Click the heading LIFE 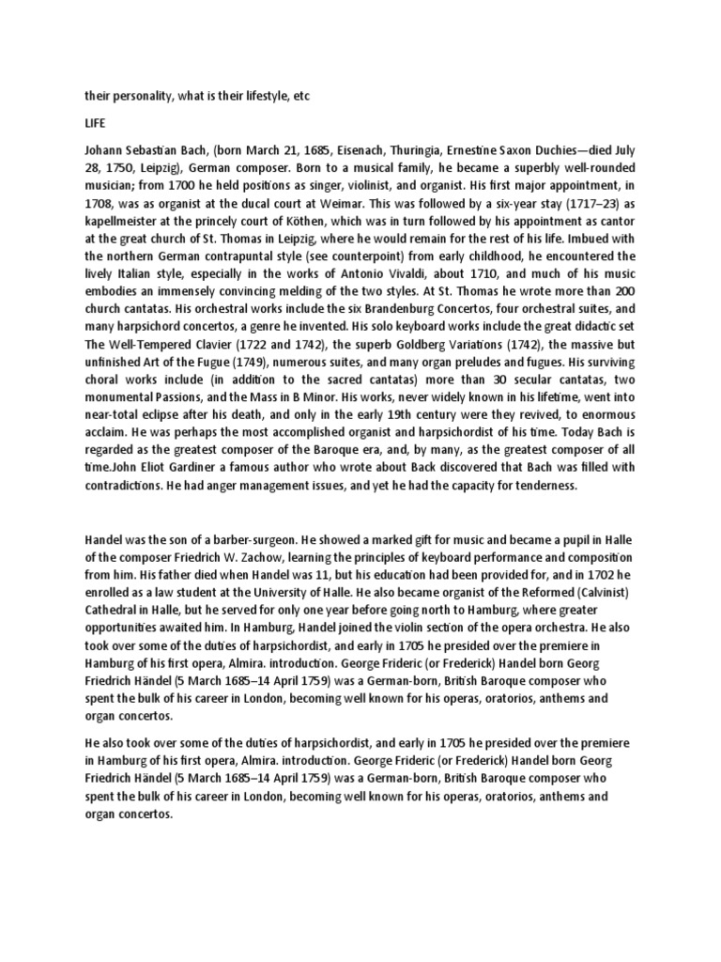pyautogui.click(x=95, y=123)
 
